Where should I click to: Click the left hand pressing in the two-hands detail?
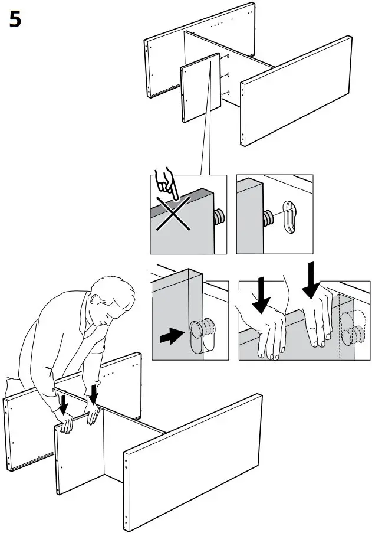268,331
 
